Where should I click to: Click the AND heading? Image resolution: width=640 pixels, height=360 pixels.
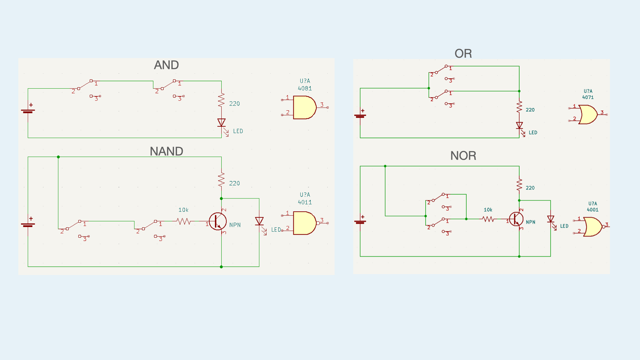click(x=166, y=65)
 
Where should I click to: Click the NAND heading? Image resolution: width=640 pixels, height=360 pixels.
click(x=166, y=151)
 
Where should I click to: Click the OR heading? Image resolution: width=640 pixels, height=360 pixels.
click(x=463, y=54)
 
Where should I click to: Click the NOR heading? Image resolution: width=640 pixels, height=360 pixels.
click(x=463, y=156)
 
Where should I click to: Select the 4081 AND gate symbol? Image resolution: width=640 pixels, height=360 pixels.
click(x=304, y=107)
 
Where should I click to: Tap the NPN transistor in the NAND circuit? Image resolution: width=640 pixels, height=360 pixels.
click(x=218, y=221)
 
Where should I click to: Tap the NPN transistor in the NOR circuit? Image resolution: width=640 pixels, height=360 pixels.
click(x=516, y=219)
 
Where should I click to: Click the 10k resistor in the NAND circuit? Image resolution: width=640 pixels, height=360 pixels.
click(x=184, y=221)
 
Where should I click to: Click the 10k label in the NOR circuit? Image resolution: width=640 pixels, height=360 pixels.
click(x=488, y=210)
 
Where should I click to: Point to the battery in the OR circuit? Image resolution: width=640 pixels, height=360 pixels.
click(x=360, y=116)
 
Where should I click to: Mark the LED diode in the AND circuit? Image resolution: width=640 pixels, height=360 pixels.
click(x=221, y=123)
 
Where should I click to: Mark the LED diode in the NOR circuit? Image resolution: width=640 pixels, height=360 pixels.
click(x=551, y=219)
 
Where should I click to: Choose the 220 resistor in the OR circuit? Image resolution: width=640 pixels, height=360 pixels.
click(x=519, y=107)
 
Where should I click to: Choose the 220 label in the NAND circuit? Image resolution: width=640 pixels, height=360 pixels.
click(x=234, y=183)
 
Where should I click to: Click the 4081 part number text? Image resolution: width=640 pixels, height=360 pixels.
click(x=305, y=88)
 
